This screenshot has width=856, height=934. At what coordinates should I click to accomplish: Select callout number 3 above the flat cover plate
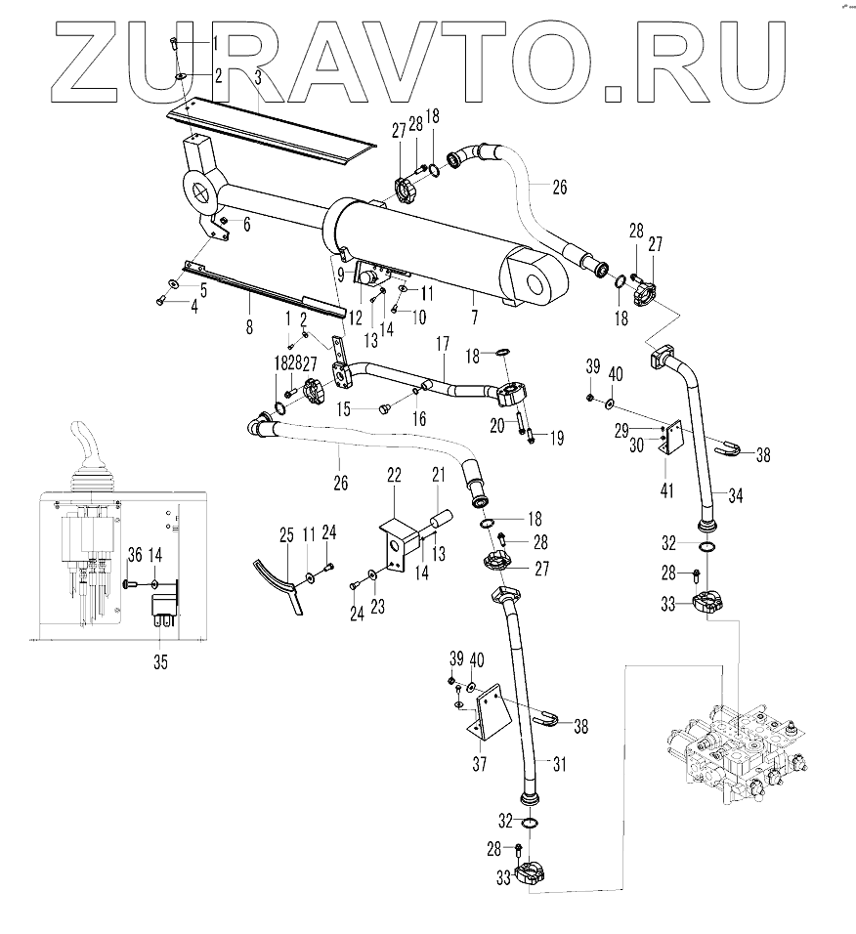257,75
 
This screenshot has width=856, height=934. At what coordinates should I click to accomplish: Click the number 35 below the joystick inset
160,662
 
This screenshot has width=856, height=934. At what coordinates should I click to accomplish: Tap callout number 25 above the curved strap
286,534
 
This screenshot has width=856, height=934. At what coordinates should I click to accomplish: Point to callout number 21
438,475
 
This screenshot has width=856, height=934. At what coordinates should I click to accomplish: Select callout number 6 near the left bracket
247,225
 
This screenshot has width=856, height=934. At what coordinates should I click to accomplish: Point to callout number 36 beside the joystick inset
134,555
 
